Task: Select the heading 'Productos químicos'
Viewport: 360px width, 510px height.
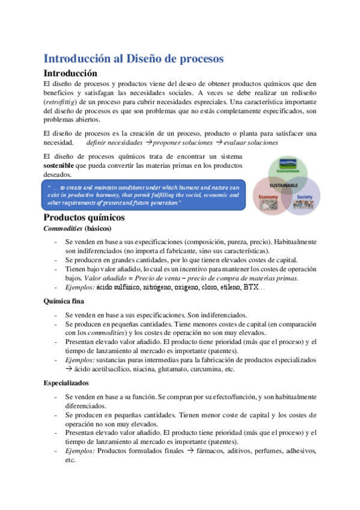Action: (84, 217)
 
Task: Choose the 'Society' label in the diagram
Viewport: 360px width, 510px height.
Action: (305, 197)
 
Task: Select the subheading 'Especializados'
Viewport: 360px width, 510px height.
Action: (67, 382)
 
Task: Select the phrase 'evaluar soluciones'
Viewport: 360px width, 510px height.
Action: (251, 143)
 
